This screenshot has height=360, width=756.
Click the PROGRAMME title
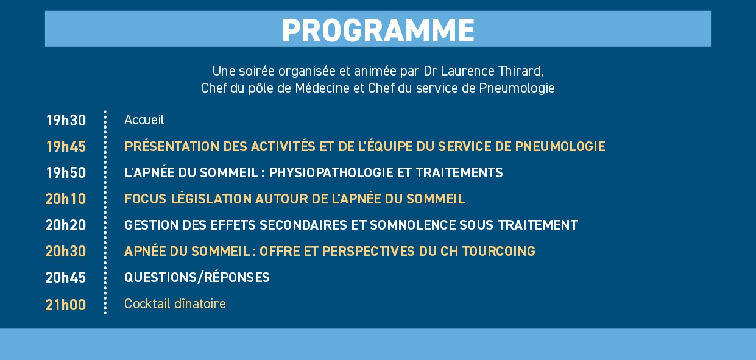point(378,30)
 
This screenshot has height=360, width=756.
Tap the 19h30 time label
point(66,121)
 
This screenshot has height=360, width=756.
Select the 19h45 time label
point(66,147)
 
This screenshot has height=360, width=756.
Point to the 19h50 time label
point(66,173)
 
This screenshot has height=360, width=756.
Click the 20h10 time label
point(65,199)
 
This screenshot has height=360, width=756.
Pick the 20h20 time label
point(65,225)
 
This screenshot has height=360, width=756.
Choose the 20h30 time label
point(65,252)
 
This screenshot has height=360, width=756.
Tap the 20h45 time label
point(65,277)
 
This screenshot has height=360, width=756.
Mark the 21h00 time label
point(65,305)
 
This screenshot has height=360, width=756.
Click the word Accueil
point(144,120)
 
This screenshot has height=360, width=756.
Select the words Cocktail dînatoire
point(175,304)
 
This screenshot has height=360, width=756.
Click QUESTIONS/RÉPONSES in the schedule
point(197,277)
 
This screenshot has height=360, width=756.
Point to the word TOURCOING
point(498,252)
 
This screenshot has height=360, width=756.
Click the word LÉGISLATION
point(211,199)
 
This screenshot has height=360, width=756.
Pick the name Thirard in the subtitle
point(520,71)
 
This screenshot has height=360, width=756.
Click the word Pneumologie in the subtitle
point(517,88)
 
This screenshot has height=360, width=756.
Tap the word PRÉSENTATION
point(172,146)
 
